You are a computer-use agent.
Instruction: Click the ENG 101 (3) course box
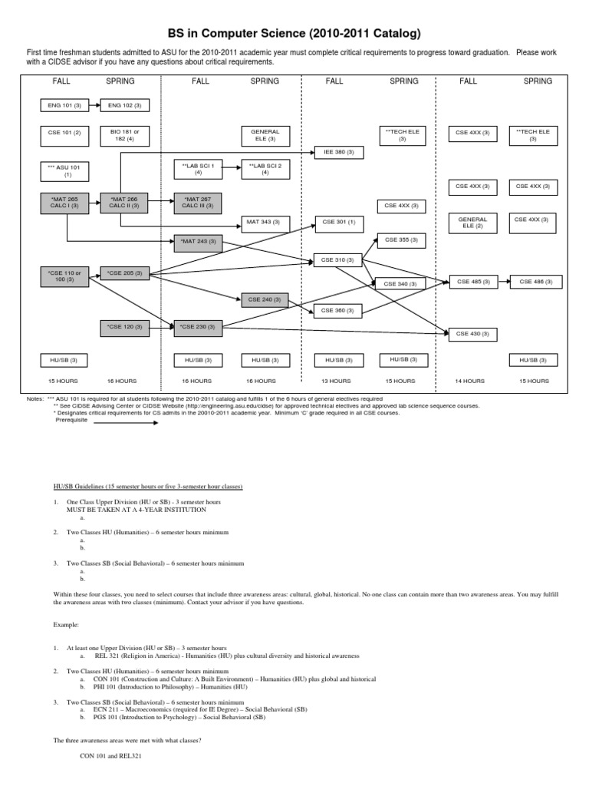tap(67, 104)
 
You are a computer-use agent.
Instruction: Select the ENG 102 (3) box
tap(124, 104)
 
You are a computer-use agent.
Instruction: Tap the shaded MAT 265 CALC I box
tap(67, 203)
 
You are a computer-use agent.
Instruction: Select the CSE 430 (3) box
tap(472, 333)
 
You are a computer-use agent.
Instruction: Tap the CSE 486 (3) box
tap(536, 282)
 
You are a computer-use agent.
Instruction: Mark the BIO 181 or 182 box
tap(124, 136)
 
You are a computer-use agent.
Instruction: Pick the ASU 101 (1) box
tap(67, 170)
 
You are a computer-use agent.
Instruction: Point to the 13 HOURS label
tap(335, 381)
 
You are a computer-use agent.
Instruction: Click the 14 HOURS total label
tap(469, 381)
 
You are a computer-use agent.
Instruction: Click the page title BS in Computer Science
tap(294, 34)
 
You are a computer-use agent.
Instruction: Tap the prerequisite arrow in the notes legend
tap(126, 421)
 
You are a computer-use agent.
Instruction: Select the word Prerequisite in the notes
tap(73, 419)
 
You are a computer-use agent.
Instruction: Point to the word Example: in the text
tap(67, 626)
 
